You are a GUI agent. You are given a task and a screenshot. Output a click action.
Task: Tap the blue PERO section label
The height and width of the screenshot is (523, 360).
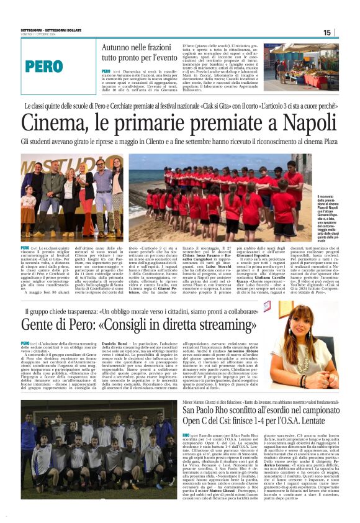pyautogui.click(x=44, y=66)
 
